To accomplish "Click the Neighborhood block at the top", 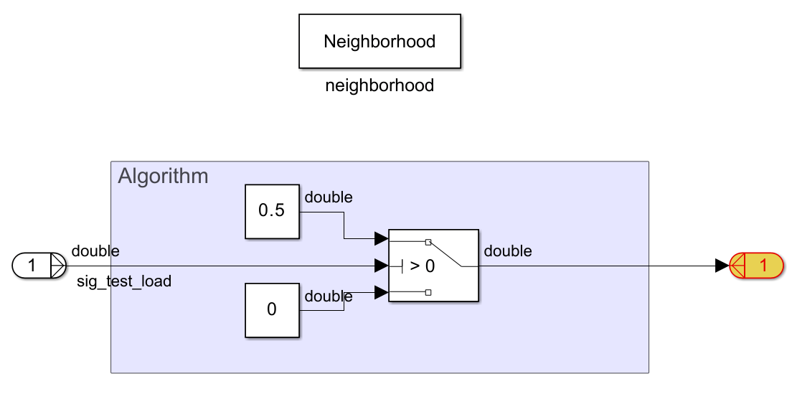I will pos(379,42).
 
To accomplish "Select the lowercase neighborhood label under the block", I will pos(379,86).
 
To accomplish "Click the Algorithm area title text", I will pos(163,176).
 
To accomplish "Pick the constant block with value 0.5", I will pos(272,211).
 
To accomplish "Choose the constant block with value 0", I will pos(272,310).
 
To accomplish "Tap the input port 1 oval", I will pos(32,266).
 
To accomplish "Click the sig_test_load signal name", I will pos(124,281).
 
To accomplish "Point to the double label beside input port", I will pos(95,251).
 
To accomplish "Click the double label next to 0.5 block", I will pos(329,197).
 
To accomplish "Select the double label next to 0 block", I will pos(329,296).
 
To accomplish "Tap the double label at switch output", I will pos(508,251).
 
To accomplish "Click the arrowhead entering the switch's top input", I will pos(381,238).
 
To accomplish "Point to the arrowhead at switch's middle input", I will pos(381,266).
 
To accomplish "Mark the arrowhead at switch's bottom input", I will pos(381,292).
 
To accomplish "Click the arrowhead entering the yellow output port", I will pos(722,266).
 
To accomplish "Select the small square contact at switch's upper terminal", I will pos(428,241).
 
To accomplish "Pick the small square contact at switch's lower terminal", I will pos(428,292).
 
